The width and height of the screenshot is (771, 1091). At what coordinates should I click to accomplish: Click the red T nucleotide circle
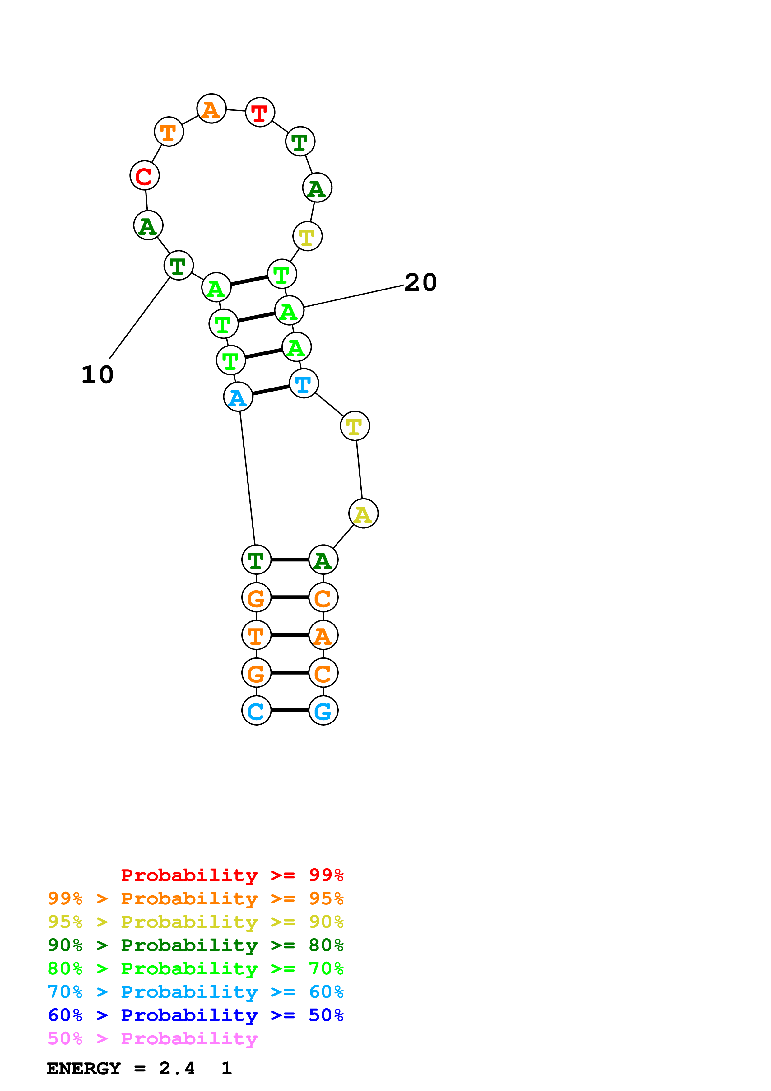tap(260, 112)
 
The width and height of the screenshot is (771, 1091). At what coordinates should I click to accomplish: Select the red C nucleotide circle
tap(144, 175)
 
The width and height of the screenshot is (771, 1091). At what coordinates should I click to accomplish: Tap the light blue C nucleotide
tap(257, 710)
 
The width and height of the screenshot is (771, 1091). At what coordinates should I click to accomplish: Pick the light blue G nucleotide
tap(323, 710)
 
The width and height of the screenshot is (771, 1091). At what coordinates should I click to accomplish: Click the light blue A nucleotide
tap(238, 397)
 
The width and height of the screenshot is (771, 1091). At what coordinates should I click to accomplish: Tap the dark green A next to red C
tap(148, 225)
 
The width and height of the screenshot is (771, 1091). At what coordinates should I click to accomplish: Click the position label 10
tap(97, 375)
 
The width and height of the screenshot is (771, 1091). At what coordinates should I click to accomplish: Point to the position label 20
tap(420, 282)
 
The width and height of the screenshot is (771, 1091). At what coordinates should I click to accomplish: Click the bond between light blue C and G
tap(290, 710)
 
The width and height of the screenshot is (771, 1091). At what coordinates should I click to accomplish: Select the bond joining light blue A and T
tap(271, 390)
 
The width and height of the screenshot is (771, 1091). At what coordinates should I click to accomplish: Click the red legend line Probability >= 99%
tap(232, 875)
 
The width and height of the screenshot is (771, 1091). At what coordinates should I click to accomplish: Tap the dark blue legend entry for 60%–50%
tap(195, 1015)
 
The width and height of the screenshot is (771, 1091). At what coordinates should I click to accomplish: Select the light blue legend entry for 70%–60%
tap(195, 992)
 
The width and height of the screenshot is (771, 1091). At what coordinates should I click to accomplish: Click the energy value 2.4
tap(177, 1068)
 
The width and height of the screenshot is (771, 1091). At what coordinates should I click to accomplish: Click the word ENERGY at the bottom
tap(84, 1068)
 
